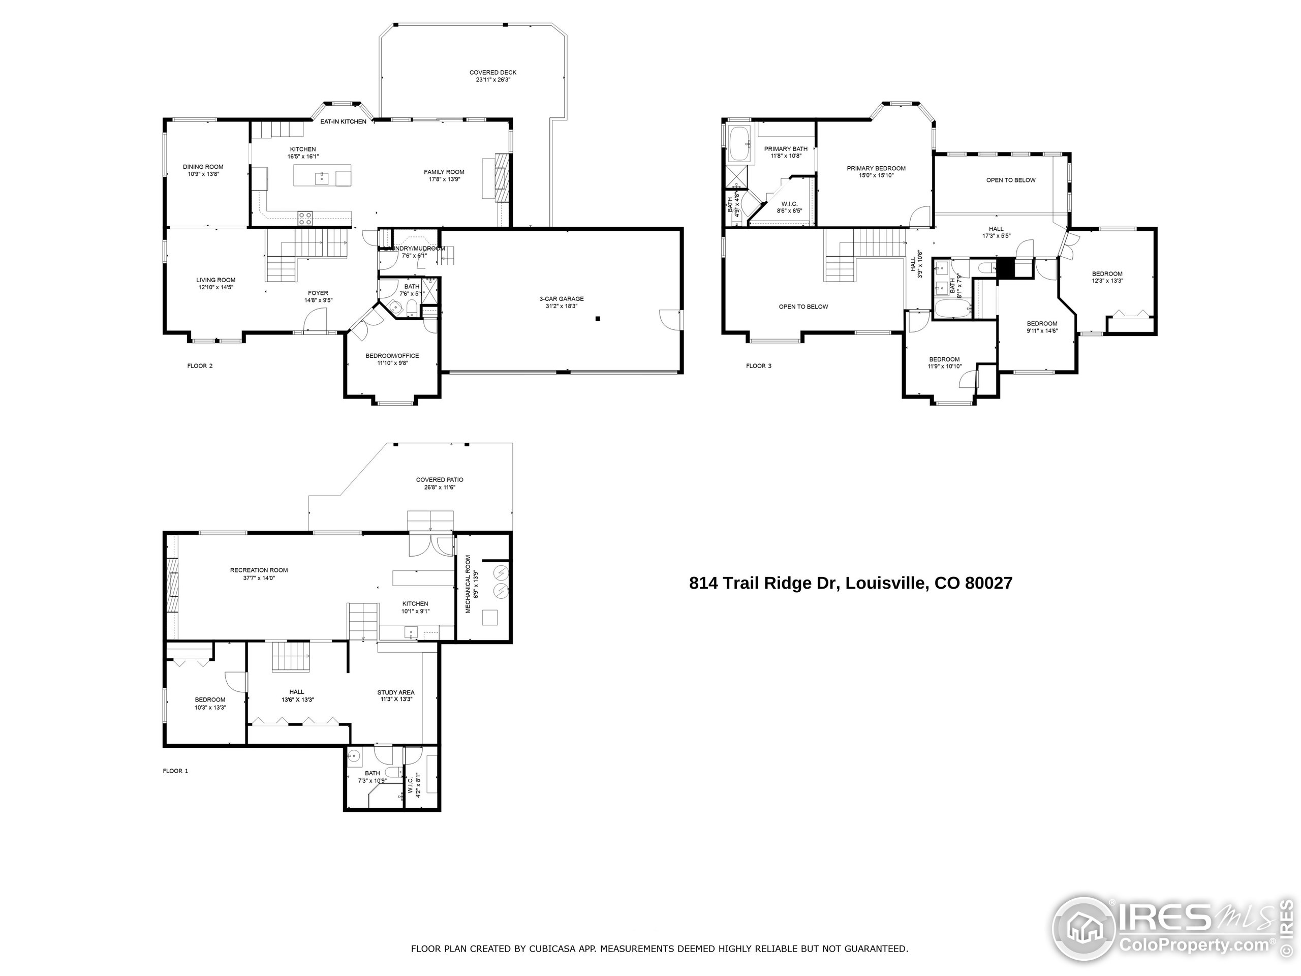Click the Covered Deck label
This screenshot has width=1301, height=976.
[x=492, y=72]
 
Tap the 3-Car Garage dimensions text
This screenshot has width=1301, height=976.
[x=561, y=306]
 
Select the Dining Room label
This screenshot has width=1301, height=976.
[x=203, y=167]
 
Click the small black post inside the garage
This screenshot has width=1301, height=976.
[x=598, y=319]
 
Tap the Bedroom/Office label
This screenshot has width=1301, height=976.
[x=392, y=355]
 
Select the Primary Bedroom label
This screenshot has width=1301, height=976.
[x=876, y=168]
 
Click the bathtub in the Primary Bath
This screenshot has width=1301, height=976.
[x=739, y=143]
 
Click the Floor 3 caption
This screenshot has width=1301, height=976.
[x=758, y=366]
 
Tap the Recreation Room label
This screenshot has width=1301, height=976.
[x=259, y=570]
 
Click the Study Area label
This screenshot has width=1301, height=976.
[x=396, y=692]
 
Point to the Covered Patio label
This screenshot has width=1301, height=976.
[x=440, y=479]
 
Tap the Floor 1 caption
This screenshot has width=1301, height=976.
[x=175, y=771]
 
